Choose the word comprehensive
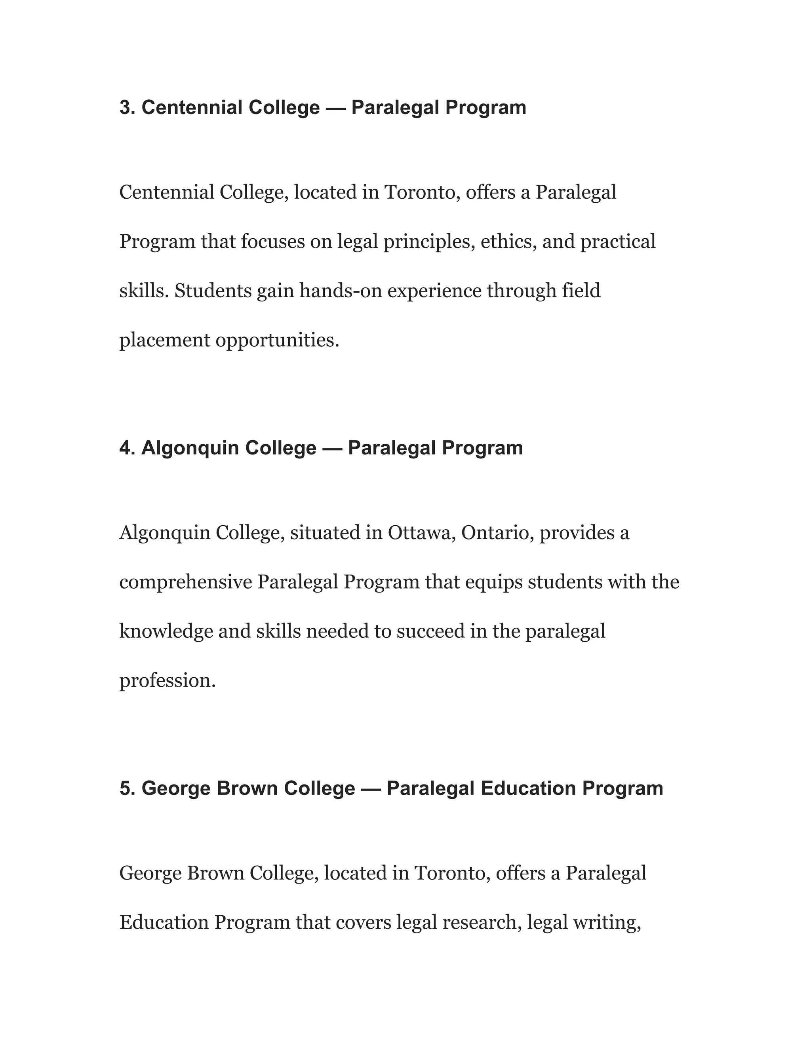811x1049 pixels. click(185, 582)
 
